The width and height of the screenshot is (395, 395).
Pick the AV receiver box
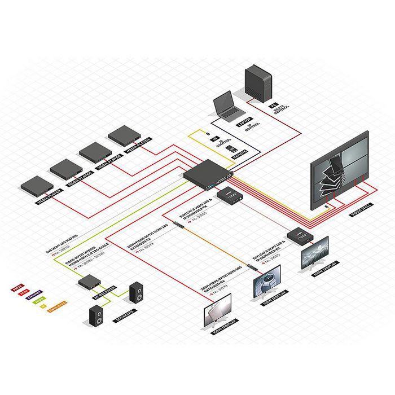pyautogui.click(x=89, y=280)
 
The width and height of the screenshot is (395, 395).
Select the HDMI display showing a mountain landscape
pyautogui.click(x=314, y=251)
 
